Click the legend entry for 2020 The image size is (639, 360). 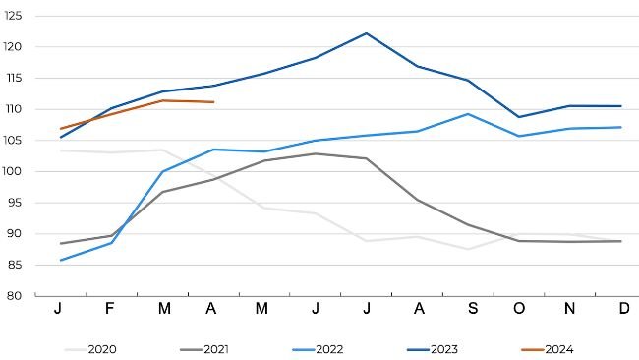click(102, 348)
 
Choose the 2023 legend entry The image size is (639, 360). click(442, 348)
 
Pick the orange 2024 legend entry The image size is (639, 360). click(557, 348)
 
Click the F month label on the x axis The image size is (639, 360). click(111, 309)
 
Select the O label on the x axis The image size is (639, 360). click(519, 309)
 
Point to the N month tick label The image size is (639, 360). click(570, 309)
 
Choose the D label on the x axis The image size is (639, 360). click(621, 309)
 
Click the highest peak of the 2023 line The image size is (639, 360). click(366, 33)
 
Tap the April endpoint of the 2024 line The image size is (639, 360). click(213, 102)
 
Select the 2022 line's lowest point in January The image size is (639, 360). click(61, 260)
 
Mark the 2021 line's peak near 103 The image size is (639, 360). click(315, 153)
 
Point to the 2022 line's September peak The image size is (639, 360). click(468, 114)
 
